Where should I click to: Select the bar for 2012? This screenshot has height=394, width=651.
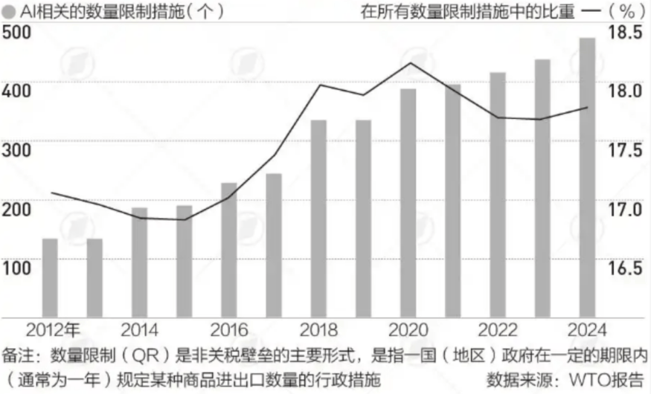50,277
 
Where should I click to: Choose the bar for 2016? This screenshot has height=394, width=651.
229,248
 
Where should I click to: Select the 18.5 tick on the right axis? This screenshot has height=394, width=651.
624,33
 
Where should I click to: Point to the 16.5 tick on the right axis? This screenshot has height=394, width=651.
624,268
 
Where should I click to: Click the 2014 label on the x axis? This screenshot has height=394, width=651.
139,330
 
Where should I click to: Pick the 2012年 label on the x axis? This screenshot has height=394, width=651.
52,330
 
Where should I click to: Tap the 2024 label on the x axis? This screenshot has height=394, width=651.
587,330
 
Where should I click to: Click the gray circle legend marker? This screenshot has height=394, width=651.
7,12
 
